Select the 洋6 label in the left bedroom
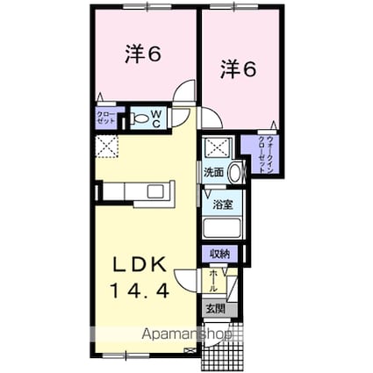142,54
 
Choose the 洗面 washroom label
214,173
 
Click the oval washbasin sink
234,174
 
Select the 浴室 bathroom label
223,205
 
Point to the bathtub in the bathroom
223,228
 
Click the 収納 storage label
219,255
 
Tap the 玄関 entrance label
216,308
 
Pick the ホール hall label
212,282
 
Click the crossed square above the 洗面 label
213,147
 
